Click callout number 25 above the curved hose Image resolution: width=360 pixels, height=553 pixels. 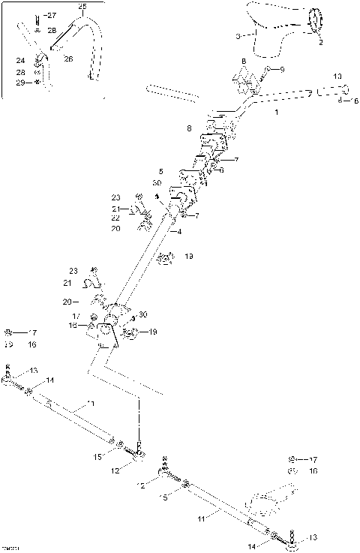82,6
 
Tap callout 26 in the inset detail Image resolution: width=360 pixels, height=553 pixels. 67,59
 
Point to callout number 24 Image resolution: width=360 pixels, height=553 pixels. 20,59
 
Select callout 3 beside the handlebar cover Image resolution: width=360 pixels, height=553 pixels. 238,36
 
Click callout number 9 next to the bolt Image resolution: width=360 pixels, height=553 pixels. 281,69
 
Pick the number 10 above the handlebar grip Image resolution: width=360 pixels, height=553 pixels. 337,77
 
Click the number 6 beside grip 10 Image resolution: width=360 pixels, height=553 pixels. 355,100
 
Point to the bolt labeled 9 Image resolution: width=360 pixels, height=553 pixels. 267,74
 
